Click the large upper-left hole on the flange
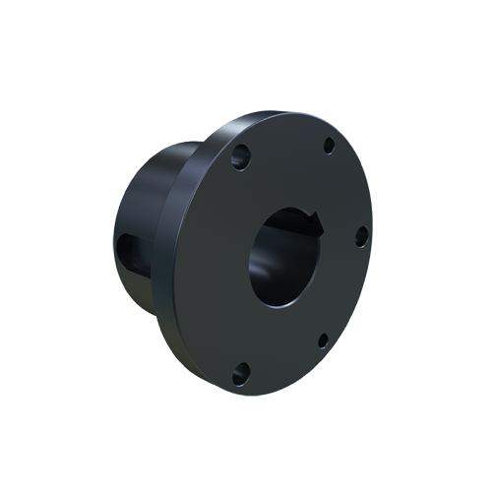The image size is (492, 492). coord(239,154)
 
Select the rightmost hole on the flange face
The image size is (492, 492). coord(361,235)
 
